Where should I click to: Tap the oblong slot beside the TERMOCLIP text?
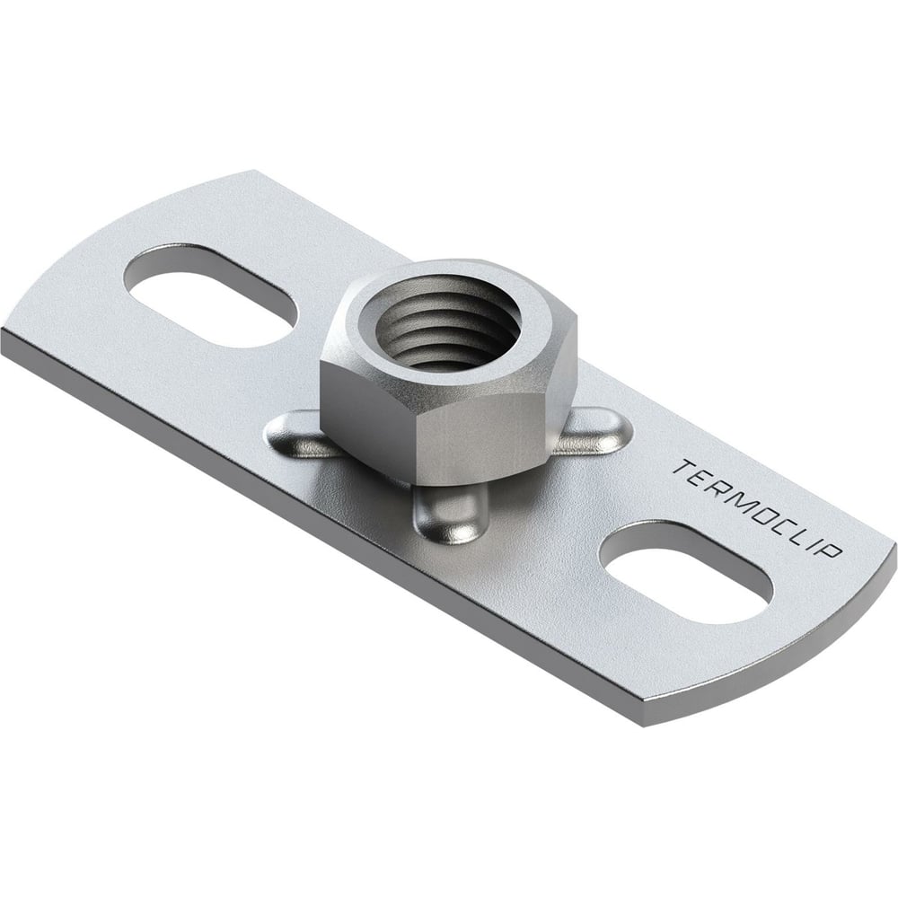[x=685, y=572]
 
